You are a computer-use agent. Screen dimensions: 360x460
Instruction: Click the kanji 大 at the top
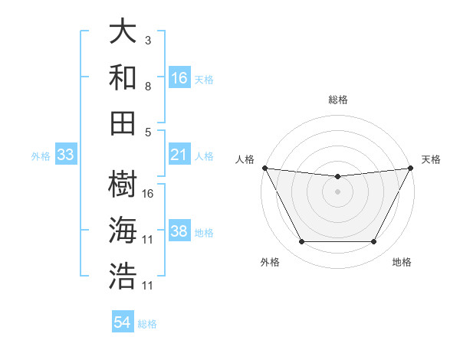pos(123,32)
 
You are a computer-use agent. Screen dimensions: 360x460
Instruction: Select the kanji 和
pos(123,77)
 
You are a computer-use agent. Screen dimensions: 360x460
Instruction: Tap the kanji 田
pos(123,123)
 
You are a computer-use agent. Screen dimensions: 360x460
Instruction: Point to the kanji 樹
pos(123,185)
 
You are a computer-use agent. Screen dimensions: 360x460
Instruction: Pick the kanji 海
pos(123,231)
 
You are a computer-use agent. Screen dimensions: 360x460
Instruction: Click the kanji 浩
pos(123,276)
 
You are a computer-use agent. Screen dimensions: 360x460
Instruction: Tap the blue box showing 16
pos(179,77)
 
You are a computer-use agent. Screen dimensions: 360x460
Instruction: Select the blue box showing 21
pos(179,155)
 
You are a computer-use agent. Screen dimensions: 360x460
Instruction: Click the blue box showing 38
pos(179,231)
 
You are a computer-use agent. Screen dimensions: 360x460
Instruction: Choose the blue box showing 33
pos(66,155)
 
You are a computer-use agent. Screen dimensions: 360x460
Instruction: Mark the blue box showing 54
pos(123,322)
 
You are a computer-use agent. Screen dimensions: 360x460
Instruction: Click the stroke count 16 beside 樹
pos(148,193)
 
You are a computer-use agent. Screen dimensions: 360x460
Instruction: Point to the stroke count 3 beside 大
pos(148,40)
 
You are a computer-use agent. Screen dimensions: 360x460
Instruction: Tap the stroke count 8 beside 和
pos(148,86)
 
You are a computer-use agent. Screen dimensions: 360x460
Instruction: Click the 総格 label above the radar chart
pos(337,100)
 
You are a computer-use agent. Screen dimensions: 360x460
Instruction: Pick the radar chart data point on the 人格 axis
pos(264,168)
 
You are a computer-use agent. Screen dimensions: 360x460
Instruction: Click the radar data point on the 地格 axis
pos(373,242)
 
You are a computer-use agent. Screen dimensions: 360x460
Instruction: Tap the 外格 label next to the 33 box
pos(41,155)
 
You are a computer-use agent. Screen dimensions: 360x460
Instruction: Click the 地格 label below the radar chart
pos(402,262)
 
